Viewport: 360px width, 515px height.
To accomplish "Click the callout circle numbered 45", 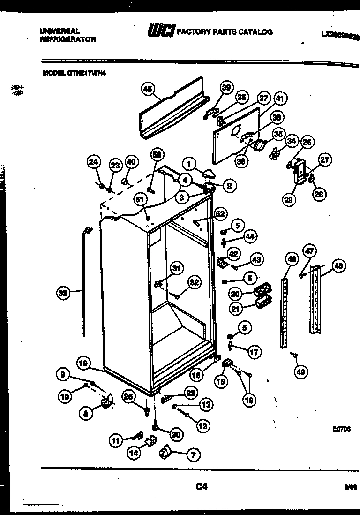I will (148, 89).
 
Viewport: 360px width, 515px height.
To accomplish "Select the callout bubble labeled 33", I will (62, 294).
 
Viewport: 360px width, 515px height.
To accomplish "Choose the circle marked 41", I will (280, 98).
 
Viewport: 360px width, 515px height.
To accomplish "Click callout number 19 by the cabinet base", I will (84, 362).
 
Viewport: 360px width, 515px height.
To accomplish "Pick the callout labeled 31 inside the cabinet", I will (176, 268).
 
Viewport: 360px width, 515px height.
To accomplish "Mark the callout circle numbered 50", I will (157, 155).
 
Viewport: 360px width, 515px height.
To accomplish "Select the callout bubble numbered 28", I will (319, 194).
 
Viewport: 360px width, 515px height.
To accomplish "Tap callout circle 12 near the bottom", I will (203, 426).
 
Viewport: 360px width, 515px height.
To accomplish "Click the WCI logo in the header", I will (161, 31).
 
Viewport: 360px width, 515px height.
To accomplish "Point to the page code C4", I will (202, 487).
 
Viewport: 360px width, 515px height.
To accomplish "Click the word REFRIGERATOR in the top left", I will (68, 40).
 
